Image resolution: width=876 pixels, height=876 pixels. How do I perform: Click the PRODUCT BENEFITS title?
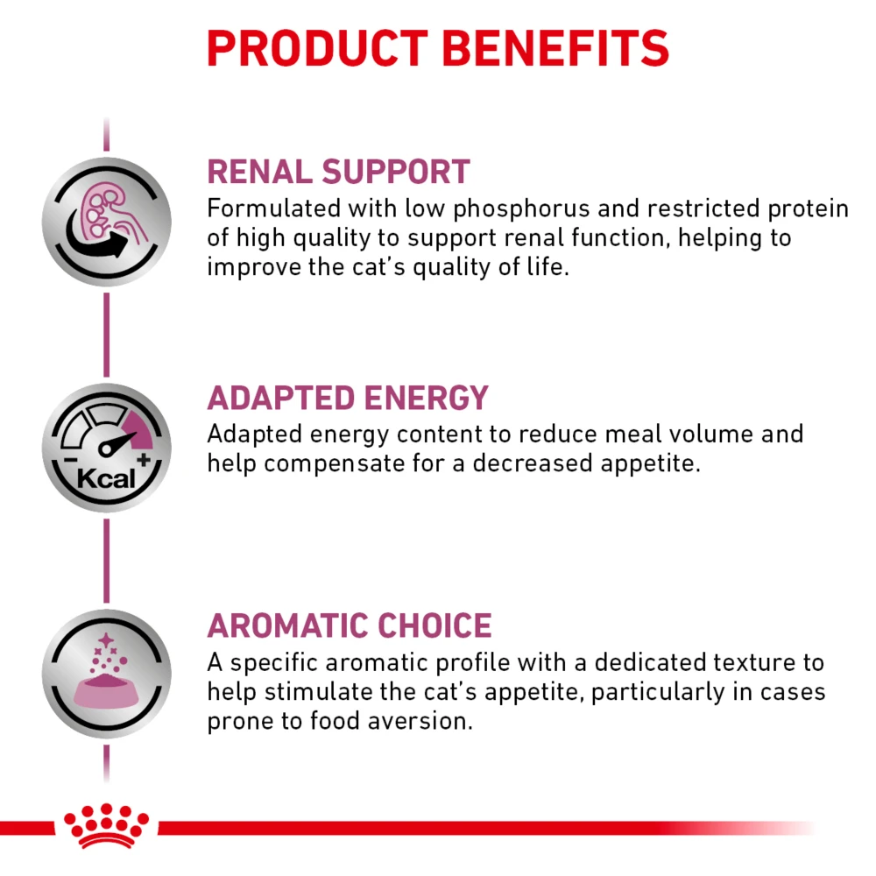click(438, 49)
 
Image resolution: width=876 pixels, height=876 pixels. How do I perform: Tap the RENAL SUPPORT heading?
click(338, 172)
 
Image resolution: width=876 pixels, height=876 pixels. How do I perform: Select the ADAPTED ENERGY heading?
click(347, 399)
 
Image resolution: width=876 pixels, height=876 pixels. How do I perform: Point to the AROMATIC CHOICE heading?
click(349, 626)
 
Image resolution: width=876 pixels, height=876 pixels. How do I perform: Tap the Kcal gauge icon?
click(106, 449)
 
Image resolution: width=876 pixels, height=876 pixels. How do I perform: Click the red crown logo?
click(106, 825)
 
